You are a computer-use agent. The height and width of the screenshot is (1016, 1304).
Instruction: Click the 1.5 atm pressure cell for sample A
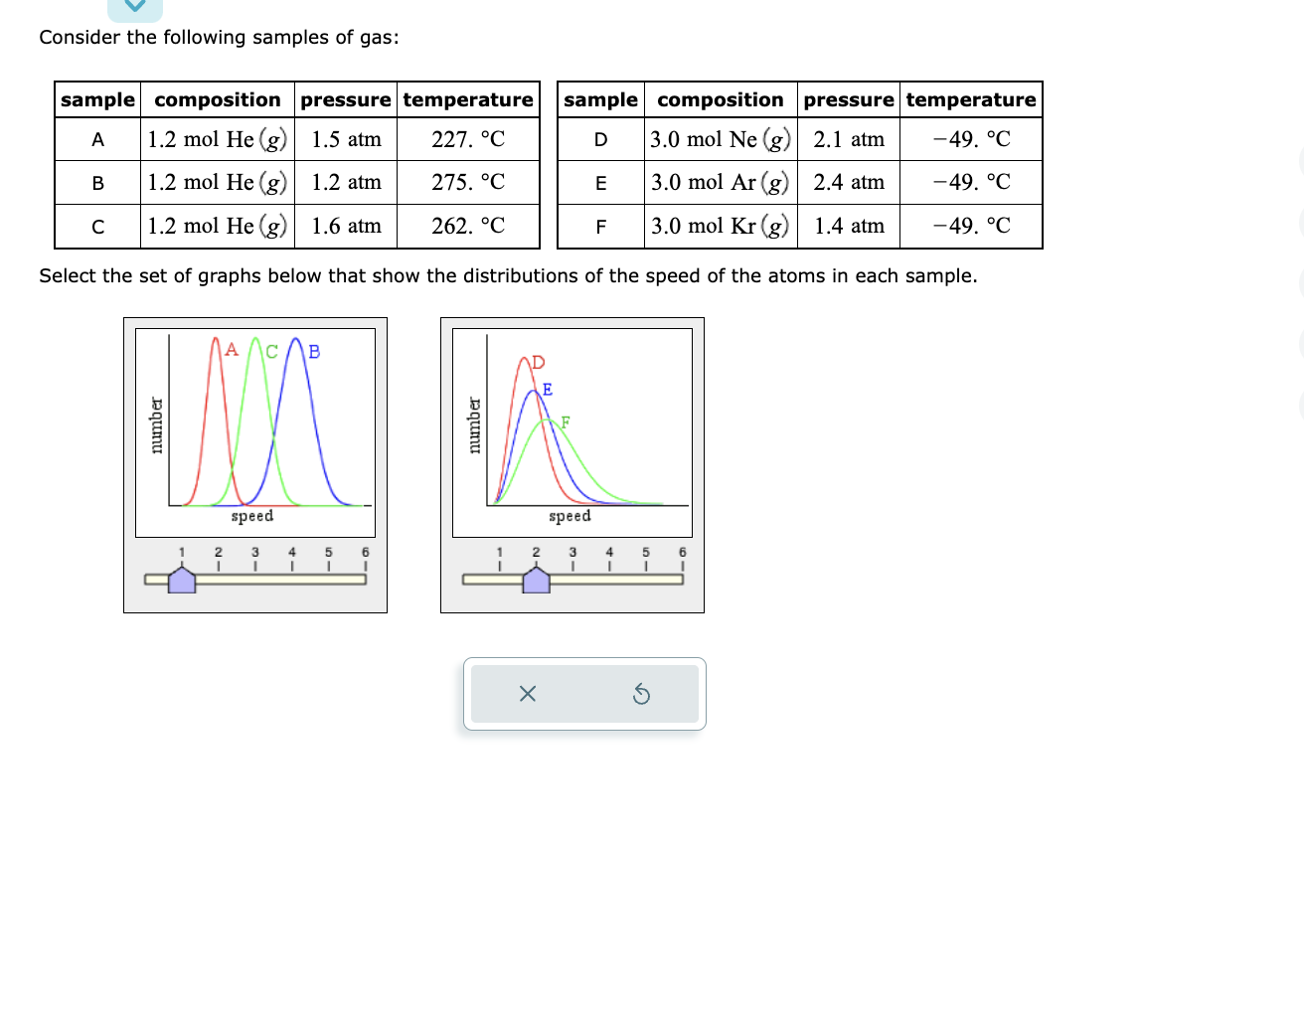coord(346,139)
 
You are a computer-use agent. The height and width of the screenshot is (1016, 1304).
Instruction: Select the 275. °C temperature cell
coord(468,182)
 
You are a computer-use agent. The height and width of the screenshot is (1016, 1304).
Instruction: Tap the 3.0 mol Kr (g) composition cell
coord(720,226)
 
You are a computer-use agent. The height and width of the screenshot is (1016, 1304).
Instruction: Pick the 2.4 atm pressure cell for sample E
coord(849,182)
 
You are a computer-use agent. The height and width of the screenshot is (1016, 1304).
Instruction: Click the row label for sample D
coord(600,139)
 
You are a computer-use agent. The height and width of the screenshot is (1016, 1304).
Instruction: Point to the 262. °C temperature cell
coord(468,226)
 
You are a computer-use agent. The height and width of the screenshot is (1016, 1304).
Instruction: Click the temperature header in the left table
coord(468,99)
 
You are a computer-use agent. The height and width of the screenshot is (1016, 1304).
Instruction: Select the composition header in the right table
coord(720,99)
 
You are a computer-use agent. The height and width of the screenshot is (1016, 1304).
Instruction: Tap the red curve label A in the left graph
coord(232,349)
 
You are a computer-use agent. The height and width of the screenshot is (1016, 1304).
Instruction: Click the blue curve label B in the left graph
coord(314,351)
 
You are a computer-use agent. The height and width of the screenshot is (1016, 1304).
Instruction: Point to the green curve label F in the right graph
coord(566,422)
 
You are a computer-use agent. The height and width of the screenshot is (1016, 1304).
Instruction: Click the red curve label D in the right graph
coord(539,362)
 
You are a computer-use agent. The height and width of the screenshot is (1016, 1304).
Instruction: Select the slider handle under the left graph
coord(182,581)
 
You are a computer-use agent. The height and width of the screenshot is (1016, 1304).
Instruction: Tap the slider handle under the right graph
coord(537,581)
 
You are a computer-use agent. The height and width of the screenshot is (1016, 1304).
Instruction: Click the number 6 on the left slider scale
coord(365,552)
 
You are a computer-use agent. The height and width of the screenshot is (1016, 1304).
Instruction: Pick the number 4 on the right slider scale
coord(609,552)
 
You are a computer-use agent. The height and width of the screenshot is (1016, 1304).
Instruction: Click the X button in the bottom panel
coord(528,694)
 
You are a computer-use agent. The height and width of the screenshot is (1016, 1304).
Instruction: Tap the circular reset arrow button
coord(642,694)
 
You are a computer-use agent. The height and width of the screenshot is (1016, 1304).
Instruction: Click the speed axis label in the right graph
coord(570,516)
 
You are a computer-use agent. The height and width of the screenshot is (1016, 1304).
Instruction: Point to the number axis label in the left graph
coord(156,425)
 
